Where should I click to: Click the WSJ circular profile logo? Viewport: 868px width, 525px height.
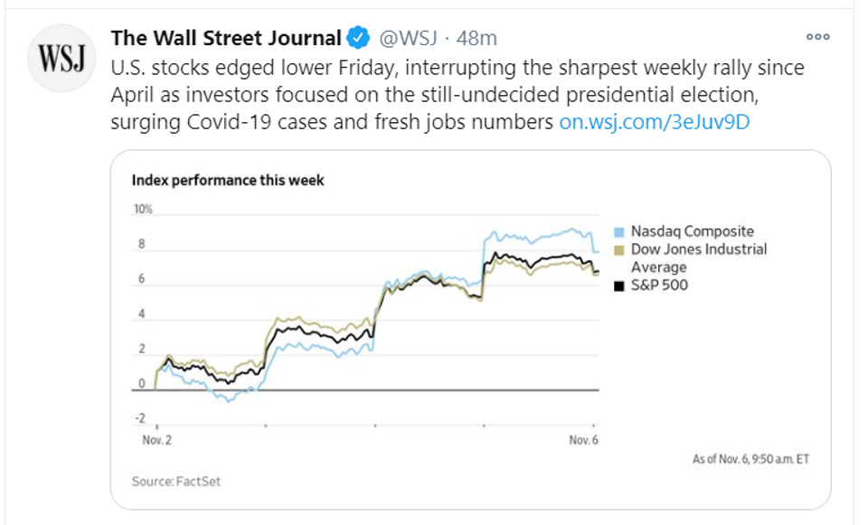coord(61,59)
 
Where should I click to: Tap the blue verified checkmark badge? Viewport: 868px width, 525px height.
coord(358,38)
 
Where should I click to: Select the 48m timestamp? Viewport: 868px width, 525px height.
coord(476,38)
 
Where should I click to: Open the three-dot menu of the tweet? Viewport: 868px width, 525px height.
coord(817,38)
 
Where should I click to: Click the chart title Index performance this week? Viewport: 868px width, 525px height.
coord(228,180)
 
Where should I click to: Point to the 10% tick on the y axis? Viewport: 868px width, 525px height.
coord(143,210)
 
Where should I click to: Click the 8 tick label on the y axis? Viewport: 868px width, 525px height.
coord(140,245)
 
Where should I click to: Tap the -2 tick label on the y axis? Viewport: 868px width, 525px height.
coord(139,417)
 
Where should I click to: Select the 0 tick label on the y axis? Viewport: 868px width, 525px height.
coord(141,383)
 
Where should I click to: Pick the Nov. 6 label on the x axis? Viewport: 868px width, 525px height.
coord(584,440)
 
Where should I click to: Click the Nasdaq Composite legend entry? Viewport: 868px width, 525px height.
coord(692,231)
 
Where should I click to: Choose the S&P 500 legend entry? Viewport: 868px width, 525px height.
coord(659,286)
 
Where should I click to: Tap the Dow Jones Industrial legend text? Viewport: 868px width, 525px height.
coord(698,249)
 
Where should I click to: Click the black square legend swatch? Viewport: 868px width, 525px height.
coord(619,286)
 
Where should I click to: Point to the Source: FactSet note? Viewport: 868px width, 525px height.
coord(176,482)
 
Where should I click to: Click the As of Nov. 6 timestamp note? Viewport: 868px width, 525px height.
coord(750,459)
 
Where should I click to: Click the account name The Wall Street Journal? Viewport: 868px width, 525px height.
coord(226,38)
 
